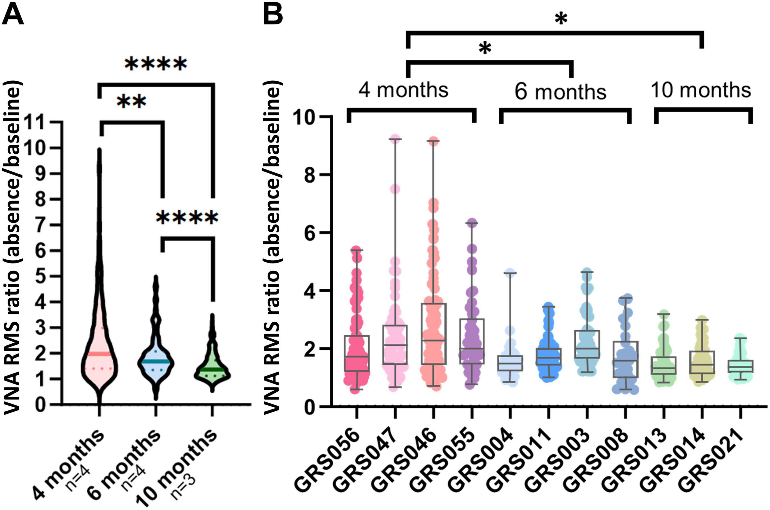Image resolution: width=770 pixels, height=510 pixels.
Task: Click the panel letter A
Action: pyautogui.click(x=13, y=14)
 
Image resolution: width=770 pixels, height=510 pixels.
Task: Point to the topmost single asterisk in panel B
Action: pyautogui.click(x=561, y=20)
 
